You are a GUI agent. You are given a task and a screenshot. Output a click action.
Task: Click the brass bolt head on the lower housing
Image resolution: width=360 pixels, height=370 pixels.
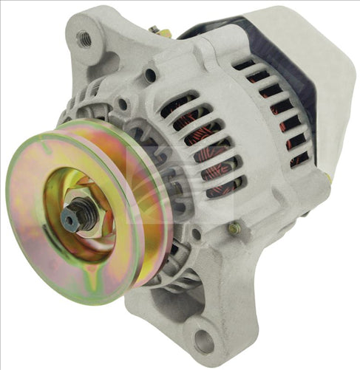234,230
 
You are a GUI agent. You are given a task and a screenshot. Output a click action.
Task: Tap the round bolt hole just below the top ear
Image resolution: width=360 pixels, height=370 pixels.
150,75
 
